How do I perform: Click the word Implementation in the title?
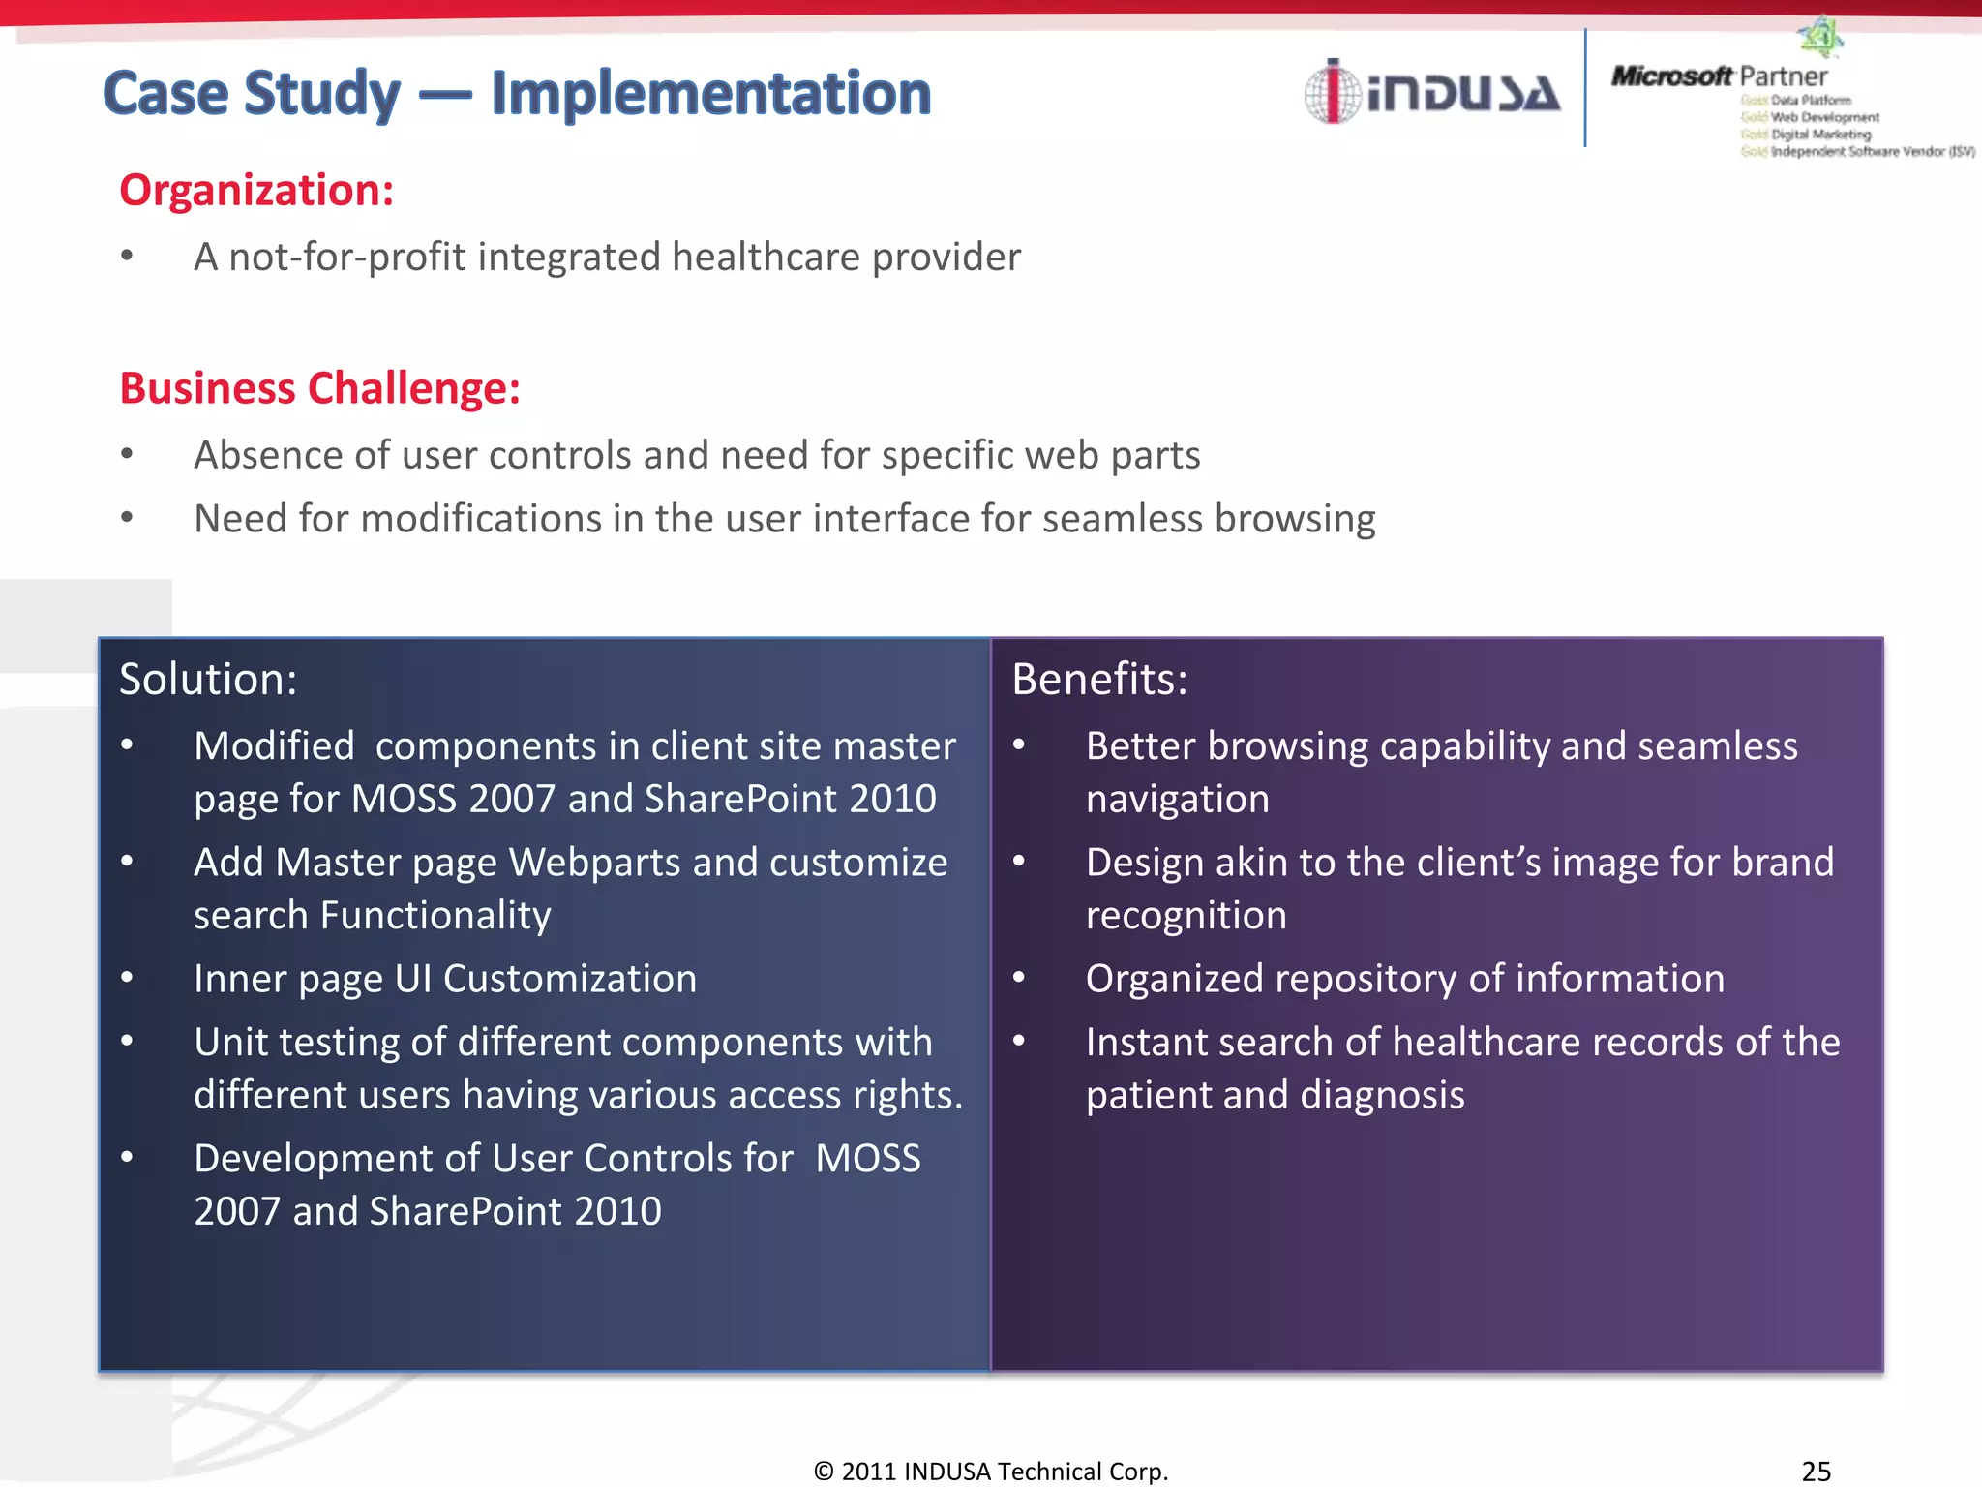[x=710, y=94]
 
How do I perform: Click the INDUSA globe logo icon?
[x=1332, y=92]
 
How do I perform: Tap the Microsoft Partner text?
[x=1719, y=76]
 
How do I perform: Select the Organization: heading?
[x=256, y=190]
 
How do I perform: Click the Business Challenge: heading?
[x=320, y=388]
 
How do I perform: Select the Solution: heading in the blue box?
[x=208, y=679]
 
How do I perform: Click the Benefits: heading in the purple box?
[x=1099, y=679]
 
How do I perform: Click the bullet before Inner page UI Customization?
[x=127, y=978]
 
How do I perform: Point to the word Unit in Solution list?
[x=229, y=1043]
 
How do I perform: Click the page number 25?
[x=1816, y=1471]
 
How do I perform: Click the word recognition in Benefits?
[x=1186, y=916]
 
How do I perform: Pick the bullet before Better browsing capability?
[x=1019, y=745]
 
